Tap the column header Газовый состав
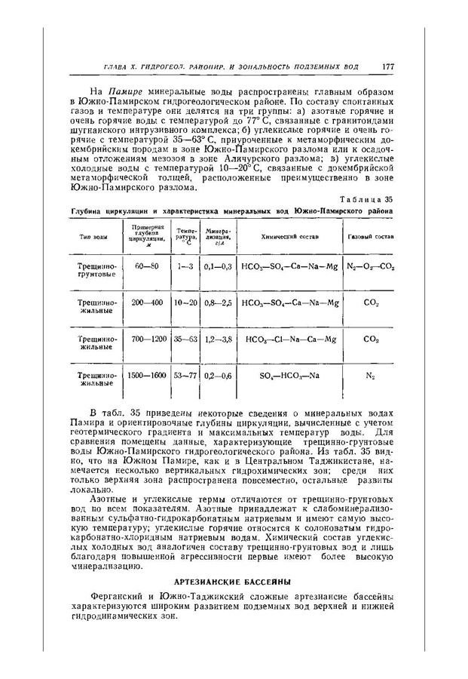(372, 238)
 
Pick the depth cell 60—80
(145, 266)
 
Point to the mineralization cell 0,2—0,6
(217, 375)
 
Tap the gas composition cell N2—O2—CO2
(372, 266)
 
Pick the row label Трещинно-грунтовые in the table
(96, 271)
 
